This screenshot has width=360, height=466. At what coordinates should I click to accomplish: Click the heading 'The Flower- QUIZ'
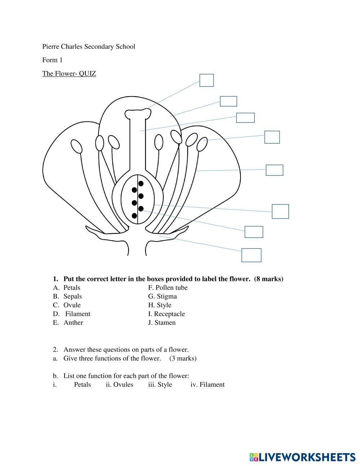coord(69,74)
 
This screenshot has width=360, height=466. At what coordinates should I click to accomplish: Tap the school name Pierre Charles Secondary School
coord(89,46)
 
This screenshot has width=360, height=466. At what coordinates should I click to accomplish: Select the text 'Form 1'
coord(52,60)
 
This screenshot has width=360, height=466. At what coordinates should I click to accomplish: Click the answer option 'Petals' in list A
coord(72,288)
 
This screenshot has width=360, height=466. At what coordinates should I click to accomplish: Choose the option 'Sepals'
coord(72,296)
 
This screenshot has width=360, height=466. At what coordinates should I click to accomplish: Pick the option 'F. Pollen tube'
coord(168,288)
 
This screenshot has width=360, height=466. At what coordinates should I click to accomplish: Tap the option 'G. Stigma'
coord(162,296)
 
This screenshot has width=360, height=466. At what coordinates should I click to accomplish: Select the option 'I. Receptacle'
coord(166,314)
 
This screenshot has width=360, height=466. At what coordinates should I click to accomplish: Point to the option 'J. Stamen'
coord(162,323)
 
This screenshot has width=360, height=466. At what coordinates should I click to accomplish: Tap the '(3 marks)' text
coord(183,358)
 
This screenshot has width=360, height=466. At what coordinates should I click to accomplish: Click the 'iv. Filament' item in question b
coord(207,385)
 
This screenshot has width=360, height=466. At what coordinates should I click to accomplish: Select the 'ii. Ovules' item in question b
coord(120,385)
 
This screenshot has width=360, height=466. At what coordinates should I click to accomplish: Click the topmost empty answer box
coord(207,80)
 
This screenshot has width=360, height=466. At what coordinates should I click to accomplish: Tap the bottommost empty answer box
coord(251,255)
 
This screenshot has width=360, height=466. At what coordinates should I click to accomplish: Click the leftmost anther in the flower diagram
coord(77,146)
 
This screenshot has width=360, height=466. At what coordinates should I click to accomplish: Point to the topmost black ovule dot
coord(141,184)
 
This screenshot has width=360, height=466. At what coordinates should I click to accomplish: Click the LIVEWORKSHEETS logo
coord(302,457)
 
